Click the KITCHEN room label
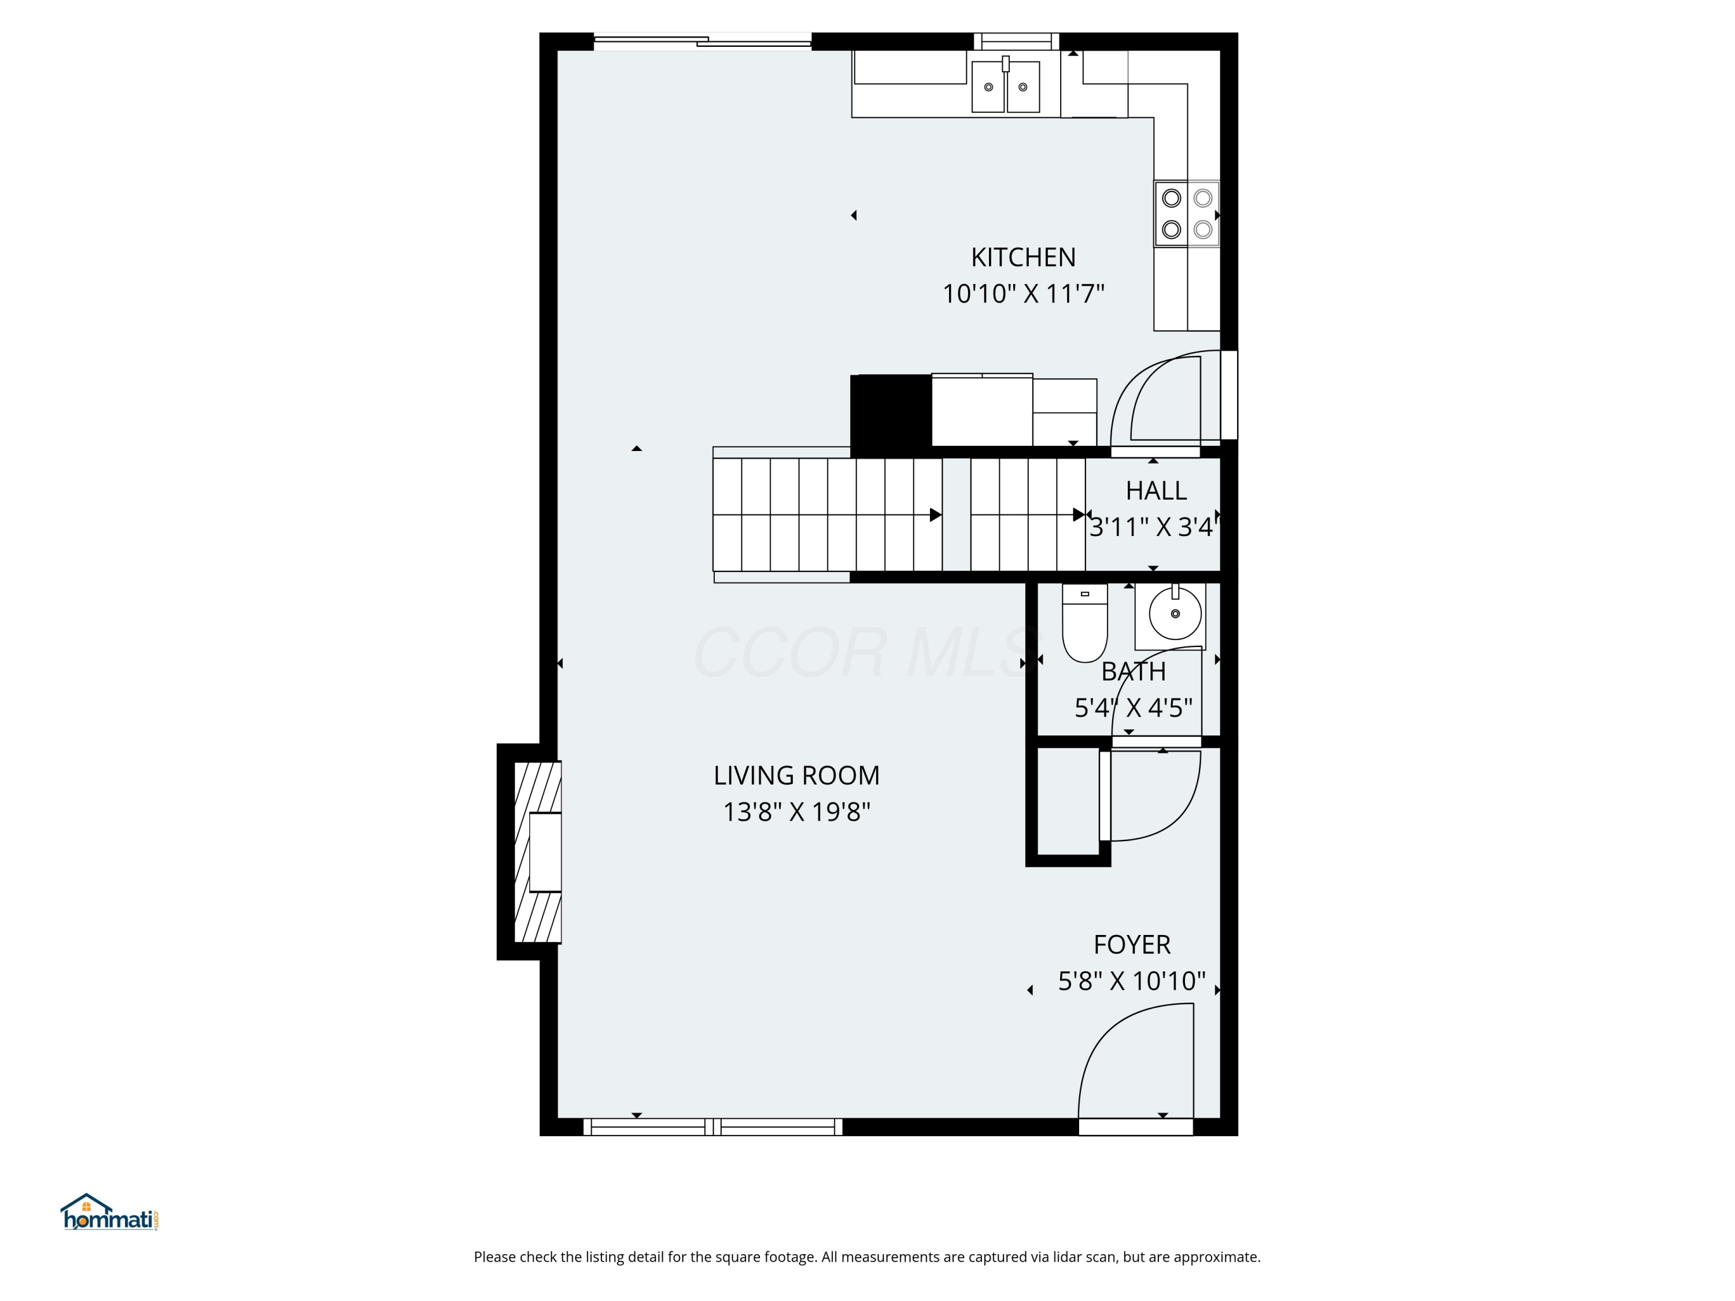1023,257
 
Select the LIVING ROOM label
796,775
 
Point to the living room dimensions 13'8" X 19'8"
796,812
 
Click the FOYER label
1132,945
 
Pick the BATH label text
1134,672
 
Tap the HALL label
1156,491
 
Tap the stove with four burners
1186,213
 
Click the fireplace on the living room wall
538,852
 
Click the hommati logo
110,1213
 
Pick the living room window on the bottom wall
712,1127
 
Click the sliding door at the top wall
702,42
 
